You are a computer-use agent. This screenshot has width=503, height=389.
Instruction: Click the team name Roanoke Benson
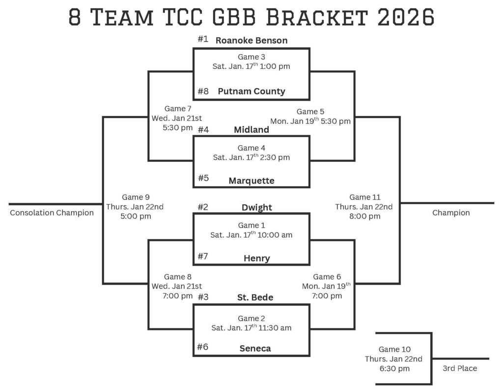(x=251, y=40)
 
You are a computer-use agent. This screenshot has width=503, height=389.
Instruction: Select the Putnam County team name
(x=251, y=91)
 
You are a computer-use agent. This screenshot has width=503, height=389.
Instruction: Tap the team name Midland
(x=251, y=130)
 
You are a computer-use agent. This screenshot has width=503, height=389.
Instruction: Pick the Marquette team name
(x=251, y=180)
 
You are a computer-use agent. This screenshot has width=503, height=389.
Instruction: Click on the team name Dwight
(x=256, y=208)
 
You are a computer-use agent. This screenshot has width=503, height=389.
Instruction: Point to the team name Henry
(x=256, y=258)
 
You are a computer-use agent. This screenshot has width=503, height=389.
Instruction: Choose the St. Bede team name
(x=255, y=298)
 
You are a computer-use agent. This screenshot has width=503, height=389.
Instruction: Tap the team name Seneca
(x=255, y=348)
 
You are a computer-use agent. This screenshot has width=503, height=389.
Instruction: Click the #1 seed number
(x=203, y=39)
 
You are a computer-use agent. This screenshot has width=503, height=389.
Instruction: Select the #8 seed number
(x=203, y=91)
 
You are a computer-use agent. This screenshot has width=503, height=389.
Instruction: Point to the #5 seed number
(x=203, y=178)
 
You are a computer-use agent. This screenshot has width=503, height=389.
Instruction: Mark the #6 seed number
(x=203, y=347)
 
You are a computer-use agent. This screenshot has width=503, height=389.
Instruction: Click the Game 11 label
(x=364, y=197)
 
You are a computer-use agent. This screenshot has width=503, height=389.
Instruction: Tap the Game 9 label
(x=135, y=197)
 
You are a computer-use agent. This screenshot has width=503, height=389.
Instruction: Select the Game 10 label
(x=393, y=350)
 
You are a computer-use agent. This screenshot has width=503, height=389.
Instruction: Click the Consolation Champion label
(x=52, y=213)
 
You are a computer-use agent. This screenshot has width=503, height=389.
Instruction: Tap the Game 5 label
(x=310, y=112)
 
